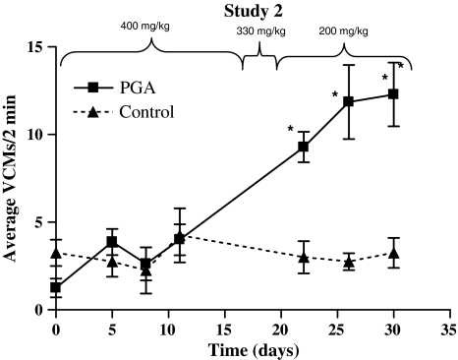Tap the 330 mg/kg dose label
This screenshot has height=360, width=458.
[260, 31]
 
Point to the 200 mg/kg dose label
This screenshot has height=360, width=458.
[343, 31]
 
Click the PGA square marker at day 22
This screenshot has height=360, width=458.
[304, 147]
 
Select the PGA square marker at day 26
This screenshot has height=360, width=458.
[348, 101]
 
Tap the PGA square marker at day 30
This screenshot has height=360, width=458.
[393, 94]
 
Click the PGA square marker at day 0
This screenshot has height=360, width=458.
[57, 287]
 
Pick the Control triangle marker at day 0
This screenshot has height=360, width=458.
[57, 253]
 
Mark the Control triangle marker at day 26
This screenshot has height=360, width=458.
[348, 261]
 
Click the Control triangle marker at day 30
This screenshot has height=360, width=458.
[393, 253]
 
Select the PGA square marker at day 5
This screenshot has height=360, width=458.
[113, 242]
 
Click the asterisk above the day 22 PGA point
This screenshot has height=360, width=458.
[291, 129]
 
